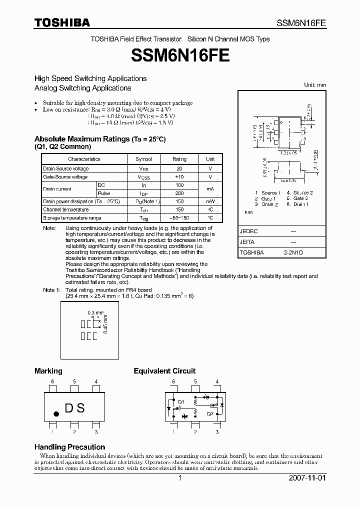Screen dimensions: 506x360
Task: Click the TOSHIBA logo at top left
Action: point(61,22)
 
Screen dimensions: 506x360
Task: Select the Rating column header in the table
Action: point(179,159)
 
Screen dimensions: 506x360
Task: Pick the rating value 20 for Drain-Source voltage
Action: point(179,169)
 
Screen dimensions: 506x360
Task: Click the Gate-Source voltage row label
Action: point(65,177)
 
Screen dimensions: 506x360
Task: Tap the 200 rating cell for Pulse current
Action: point(179,193)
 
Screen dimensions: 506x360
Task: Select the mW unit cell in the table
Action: point(210,201)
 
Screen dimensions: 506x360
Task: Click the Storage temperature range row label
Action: point(72,218)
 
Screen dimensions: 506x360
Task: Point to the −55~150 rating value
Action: point(179,218)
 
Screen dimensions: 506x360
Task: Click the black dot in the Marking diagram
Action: point(56,414)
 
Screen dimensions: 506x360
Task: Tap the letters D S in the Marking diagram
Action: point(74,408)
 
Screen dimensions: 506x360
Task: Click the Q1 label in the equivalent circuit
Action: point(181,401)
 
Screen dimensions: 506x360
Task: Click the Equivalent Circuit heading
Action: point(164,371)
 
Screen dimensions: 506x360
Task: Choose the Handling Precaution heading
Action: point(69,447)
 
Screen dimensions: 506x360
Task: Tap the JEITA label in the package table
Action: point(247,242)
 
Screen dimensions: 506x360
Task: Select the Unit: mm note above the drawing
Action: point(315,85)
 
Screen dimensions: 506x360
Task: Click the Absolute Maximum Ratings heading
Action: point(99,139)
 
